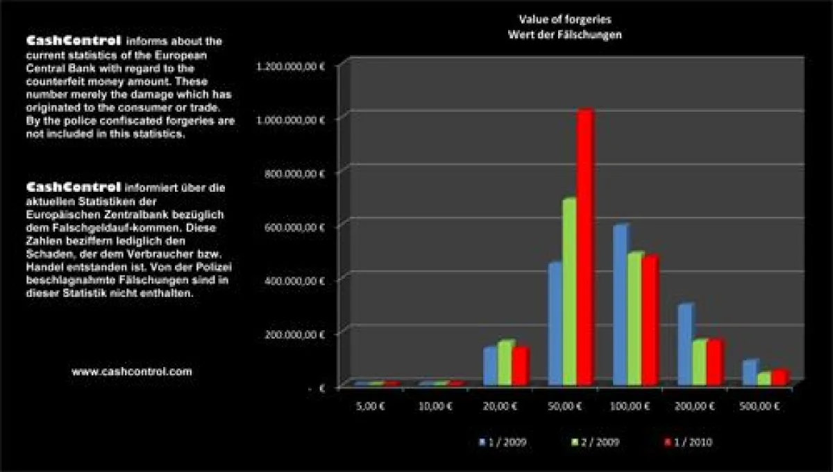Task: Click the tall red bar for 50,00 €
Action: point(585,250)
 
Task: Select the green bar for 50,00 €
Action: point(569,292)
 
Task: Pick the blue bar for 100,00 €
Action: point(619,306)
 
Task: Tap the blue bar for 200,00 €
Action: point(684,344)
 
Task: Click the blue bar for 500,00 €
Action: point(749,372)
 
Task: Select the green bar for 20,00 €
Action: point(505,362)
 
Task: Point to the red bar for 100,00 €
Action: point(649,320)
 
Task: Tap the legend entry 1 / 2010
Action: point(689,442)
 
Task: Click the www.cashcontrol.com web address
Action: point(132,372)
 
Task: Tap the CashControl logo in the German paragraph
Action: point(74,188)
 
